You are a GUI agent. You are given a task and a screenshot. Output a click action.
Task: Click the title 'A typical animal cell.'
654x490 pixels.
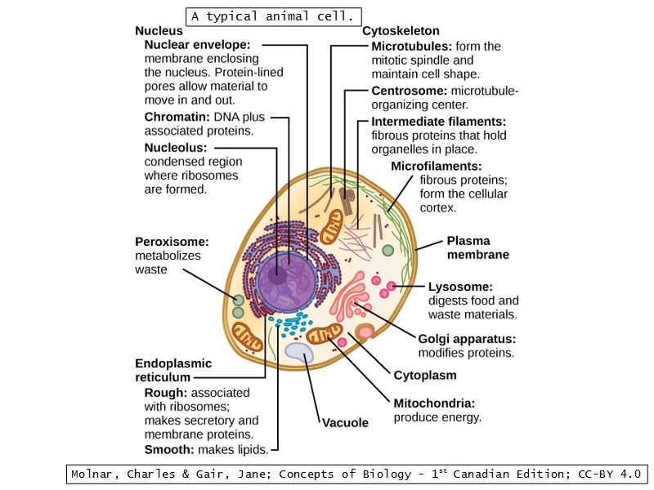(x=274, y=16)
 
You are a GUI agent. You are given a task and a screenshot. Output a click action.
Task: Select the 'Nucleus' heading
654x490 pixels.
(x=158, y=31)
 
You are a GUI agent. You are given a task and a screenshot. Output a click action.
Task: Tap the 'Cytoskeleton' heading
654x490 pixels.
(x=401, y=31)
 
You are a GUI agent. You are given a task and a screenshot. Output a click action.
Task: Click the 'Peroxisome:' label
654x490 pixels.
(x=172, y=242)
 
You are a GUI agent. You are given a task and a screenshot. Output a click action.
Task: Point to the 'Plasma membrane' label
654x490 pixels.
(x=477, y=248)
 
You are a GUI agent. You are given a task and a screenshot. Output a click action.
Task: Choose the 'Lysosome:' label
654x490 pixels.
(x=460, y=287)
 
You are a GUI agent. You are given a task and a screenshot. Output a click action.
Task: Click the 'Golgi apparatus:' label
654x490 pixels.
(x=467, y=339)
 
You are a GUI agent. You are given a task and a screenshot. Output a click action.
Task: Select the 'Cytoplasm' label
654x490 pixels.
(x=425, y=376)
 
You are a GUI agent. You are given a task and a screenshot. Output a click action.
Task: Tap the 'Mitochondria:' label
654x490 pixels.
(x=434, y=403)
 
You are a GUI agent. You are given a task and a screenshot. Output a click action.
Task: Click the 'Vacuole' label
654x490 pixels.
(x=345, y=423)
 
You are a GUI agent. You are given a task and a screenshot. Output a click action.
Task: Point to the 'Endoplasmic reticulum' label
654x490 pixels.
(x=172, y=370)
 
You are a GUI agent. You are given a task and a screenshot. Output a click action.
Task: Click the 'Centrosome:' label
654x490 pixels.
(x=410, y=91)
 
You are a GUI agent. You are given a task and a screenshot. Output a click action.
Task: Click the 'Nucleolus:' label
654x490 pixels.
(x=176, y=148)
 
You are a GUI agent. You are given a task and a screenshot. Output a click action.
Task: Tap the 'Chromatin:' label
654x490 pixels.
(x=177, y=117)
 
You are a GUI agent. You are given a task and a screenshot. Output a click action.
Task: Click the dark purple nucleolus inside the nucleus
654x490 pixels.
(x=278, y=275)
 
